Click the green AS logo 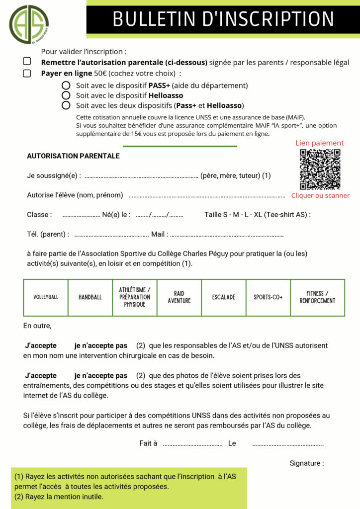coord(29,23)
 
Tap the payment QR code coord(320,169)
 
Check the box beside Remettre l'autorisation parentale coord(27,62)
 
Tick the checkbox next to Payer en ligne coord(27,73)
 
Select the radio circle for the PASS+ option coord(66,85)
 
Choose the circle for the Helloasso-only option coord(66,95)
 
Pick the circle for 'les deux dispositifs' coord(66,105)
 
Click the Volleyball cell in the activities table coord(46,297)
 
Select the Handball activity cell coord(90,297)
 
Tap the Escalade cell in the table coord(223,297)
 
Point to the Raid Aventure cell coord(179,297)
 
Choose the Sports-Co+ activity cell coord(268,297)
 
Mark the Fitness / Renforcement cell coord(317,297)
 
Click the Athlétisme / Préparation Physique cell coord(135,297)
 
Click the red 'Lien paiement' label coord(320,143)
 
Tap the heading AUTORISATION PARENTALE coord(73,156)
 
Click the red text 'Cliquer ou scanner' coord(320,196)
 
